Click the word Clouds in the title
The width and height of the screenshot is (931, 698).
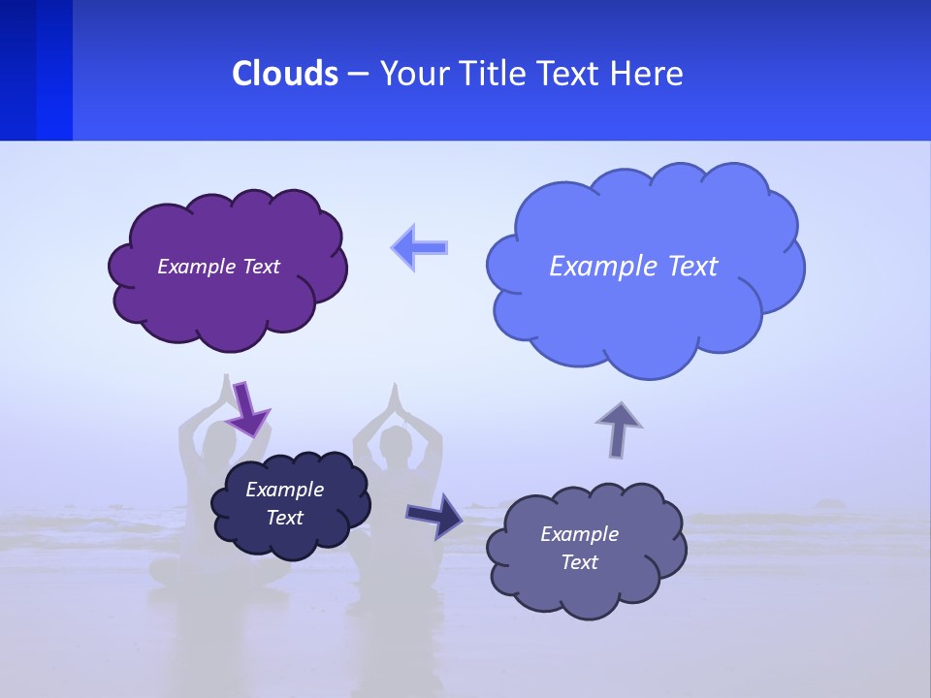(x=284, y=74)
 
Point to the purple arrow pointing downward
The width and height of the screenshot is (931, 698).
(x=247, y=407)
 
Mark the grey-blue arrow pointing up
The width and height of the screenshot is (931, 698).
(x=619, y=428)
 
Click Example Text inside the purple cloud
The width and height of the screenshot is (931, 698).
(x=218, y=267)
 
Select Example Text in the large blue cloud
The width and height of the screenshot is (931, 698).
(x=633, y=267)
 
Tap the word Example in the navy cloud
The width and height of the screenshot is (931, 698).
(x=284, y=490)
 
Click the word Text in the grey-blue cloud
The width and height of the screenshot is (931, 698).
(x=579, y=562)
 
